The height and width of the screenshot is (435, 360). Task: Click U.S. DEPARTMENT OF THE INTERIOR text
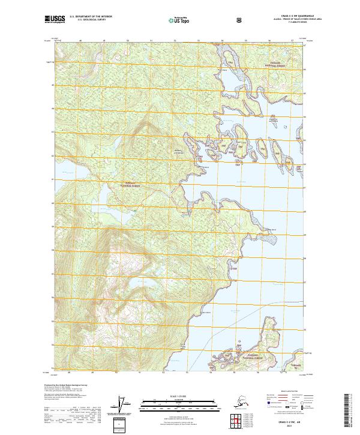[91, 17]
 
